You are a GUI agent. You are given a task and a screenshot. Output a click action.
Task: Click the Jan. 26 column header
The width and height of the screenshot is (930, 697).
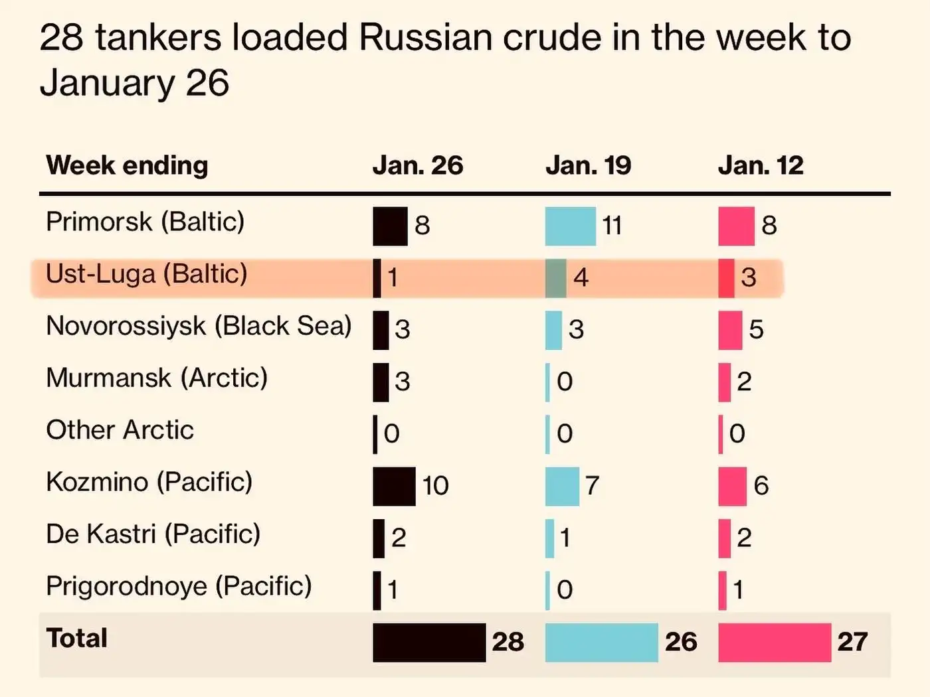(x=417, y=165)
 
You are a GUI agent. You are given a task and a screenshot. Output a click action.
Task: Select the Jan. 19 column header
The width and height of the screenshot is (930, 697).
(x=588, y=165)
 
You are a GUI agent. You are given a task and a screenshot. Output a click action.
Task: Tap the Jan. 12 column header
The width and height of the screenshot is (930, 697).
(x=761, y=165)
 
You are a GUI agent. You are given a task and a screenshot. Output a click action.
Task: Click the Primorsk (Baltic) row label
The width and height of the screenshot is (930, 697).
(x=145, y=222)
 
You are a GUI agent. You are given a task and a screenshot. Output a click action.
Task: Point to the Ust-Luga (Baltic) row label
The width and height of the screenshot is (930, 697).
(x=146, y=273)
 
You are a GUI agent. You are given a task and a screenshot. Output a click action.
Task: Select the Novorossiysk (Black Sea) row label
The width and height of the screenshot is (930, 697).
(x=198, y=326)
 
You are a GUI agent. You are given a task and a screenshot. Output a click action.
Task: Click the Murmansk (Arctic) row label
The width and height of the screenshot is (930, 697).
(x=157, y=378)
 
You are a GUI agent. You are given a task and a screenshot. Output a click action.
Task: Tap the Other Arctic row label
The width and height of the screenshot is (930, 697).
(x=120, y=430)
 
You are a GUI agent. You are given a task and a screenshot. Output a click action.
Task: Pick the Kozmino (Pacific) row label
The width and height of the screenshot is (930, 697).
(x=149, y=482)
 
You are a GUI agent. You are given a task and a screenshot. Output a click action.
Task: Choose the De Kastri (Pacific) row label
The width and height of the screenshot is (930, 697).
(x=153, y=534)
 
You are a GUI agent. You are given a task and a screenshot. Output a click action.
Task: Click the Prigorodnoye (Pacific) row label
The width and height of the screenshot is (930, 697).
(x=179, y=586)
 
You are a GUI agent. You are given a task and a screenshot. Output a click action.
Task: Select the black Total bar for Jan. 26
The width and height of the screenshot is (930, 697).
(x=429, y=642)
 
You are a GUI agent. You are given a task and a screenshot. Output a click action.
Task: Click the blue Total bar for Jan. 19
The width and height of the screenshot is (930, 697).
(x=601, y=642)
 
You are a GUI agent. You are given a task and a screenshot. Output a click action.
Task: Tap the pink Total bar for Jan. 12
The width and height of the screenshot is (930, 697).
(x=775, y=642)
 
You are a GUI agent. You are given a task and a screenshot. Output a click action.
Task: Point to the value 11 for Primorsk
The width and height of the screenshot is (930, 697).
(x=612, y=226)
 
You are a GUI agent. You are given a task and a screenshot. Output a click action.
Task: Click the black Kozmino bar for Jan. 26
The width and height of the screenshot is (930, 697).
(x=394, y=486)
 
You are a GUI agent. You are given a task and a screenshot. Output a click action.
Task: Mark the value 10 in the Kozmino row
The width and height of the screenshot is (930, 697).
(x=436, y=486)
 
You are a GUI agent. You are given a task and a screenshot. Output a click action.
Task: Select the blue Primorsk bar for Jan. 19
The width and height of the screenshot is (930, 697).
(x=571, y=226)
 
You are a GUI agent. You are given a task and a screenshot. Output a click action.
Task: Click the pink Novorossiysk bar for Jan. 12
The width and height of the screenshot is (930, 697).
(x=730, y=330)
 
